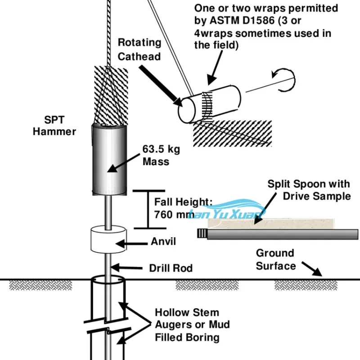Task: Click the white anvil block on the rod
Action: point(108,239)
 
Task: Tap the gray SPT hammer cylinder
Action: point(108,158)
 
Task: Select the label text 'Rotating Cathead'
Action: point(139,49)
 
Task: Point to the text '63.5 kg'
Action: point(161,149)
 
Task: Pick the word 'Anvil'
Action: point(163,242)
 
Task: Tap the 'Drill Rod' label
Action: point(171,268)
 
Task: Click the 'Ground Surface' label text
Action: point(275,260)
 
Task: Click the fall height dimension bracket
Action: point(146,209)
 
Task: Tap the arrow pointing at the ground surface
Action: point(312,269)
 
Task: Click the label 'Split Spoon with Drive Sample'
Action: point(309,189)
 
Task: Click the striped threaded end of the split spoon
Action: point(202,234)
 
